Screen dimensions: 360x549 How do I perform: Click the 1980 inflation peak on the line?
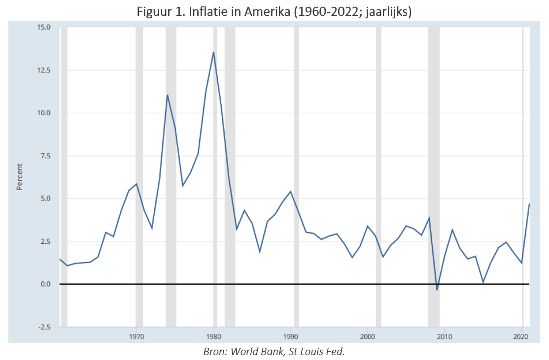[x=213, y=52]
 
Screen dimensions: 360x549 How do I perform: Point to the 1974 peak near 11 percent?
[x=167, y=95]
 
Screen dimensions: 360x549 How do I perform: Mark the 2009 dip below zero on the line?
[x=437, y=290]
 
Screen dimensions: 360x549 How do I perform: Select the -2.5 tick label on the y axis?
[x=43, y=327]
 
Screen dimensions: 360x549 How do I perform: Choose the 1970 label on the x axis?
[x=136, y=337]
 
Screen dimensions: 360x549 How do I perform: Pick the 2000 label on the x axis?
[x=367, y=337]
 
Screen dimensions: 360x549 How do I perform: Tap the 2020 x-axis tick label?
[x=521, y=337]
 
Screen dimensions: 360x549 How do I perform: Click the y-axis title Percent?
[x=20, y=177]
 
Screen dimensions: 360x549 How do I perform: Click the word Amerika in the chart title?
[x=267, y=12]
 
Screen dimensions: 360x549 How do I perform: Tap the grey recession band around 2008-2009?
[x=434, y=177]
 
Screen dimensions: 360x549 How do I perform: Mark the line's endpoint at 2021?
[x=529, y=204]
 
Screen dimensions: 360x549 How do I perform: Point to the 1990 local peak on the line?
[x=291, y=191]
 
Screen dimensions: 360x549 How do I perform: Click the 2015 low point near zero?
[x=483, y=282]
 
